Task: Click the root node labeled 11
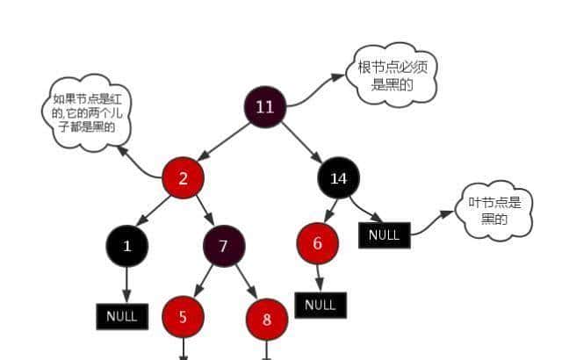pyautogui.click(x=264, y=107)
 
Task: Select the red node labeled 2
pyautogui.click(x=184, y=178)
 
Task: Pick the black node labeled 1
pyautogui.click(x=127, y=246)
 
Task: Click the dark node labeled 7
pyautogui.click(x=223, y=246)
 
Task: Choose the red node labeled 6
pyautogui.click(x=318, y=243)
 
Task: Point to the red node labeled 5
pyautogui.click(x=183, y=317)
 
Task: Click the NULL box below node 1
pyautogui.click(x=122, y=315)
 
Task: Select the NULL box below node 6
pyautogui.click(x=321, y=305)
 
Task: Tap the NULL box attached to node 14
pyautogui.click(x=384, y=234)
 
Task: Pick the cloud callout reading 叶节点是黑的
pyautogui.click(x=494, y=211)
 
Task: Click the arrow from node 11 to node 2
pyautogui.click(x=224, y=142)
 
